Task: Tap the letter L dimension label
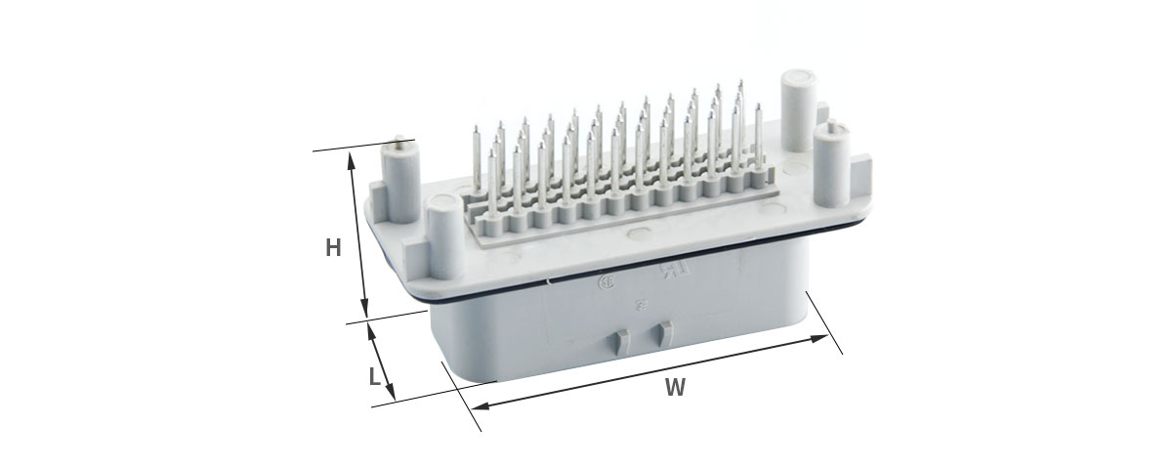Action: coord(375,376)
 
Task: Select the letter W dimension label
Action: coord(675,387)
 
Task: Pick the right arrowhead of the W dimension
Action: coord(819,338)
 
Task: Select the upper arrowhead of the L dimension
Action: coord(371,331)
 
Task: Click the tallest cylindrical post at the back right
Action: coord(799,110)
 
